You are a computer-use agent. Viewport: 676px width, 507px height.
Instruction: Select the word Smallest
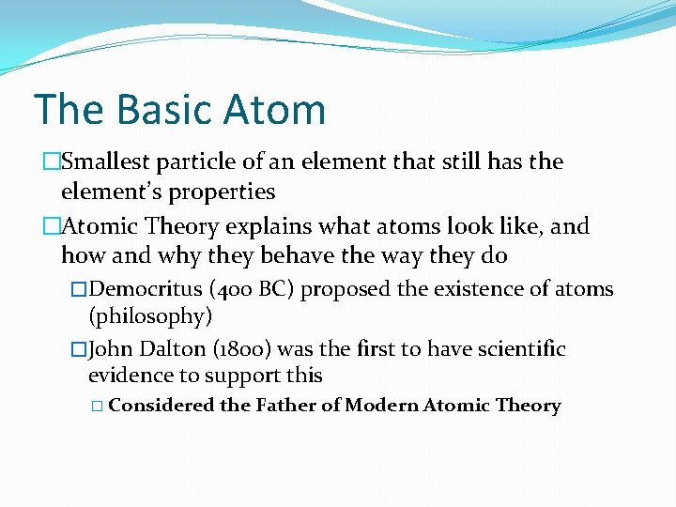click(103, 162)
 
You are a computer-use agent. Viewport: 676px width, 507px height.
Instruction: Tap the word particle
click(196, 162)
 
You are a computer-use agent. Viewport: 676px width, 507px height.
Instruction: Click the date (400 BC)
click(241, 289)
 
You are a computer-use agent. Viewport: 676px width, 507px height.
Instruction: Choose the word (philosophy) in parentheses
click(150, 316)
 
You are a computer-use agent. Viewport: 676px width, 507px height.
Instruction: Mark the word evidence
click(128, 376)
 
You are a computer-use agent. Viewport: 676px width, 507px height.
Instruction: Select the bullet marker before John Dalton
click(78, 349)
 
